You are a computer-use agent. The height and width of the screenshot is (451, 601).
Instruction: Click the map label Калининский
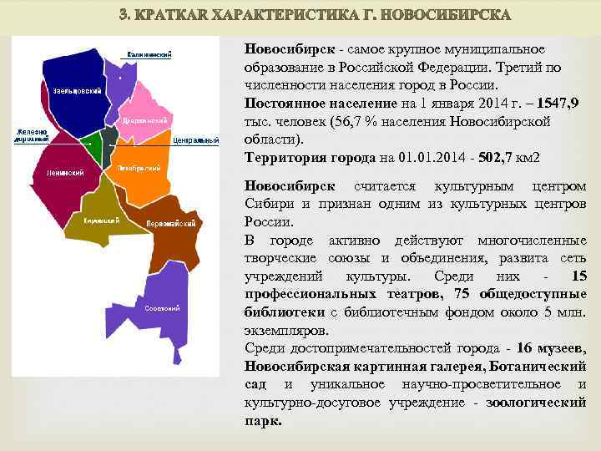point(149,54)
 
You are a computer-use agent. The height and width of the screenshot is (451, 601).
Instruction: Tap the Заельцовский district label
point(78,89)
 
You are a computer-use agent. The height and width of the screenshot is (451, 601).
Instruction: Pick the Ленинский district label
point(58,173)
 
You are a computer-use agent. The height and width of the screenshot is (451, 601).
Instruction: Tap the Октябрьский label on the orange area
point(139,168)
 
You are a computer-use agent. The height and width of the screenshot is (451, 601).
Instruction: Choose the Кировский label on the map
point(101,220)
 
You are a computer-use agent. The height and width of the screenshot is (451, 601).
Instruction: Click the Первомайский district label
point(170,223)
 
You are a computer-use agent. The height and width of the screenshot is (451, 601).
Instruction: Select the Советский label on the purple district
point(163,308)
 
